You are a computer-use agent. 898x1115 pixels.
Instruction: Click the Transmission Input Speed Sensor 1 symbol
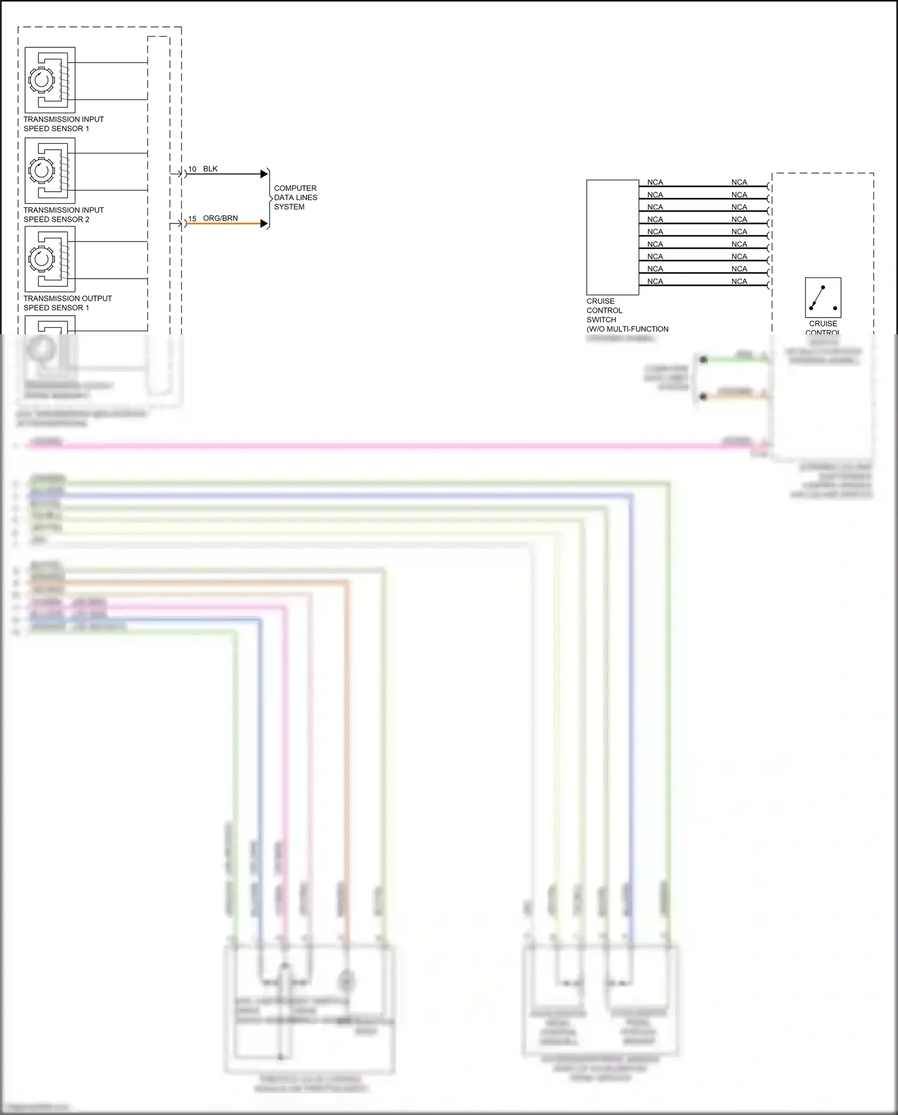click(x=50, y=80)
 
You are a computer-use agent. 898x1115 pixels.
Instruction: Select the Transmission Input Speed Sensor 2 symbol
click(x=50, y=171)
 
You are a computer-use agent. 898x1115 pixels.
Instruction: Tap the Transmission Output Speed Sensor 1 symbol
click(x=50, y=259)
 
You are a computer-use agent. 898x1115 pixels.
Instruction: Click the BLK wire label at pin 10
click(x=210, y=169)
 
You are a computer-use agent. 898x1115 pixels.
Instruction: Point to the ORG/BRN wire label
click(x=220, y=218)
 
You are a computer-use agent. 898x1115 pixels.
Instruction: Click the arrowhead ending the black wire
click(x=264, y=174)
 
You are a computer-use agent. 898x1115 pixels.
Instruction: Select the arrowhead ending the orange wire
click(x=264, y=223)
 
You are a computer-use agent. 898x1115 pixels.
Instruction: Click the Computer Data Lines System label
click(x=295, y=197)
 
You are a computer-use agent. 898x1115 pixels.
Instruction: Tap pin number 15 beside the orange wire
click(x=192, y=219)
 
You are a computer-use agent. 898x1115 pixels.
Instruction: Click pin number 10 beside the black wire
click(x=192, y=170)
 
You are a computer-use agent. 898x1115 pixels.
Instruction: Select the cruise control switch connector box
click(x=612, y=237)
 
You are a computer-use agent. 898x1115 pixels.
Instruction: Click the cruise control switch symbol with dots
click(x=823, y=297)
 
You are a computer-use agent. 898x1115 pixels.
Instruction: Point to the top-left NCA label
click(x=655, y=182)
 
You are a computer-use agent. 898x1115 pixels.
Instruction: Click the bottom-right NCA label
click(x=739, y=281)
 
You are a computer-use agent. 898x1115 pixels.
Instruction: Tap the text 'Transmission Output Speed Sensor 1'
click(x=67, y=303)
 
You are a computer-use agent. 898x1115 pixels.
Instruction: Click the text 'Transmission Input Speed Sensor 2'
click(x=63, y=214)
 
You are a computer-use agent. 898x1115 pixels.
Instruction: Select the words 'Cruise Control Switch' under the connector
click(x=604, y=310)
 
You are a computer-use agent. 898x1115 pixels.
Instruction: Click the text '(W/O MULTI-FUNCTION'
click(x=627, y=329)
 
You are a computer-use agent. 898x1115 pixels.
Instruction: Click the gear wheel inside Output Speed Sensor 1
click(x=41, y=259)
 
